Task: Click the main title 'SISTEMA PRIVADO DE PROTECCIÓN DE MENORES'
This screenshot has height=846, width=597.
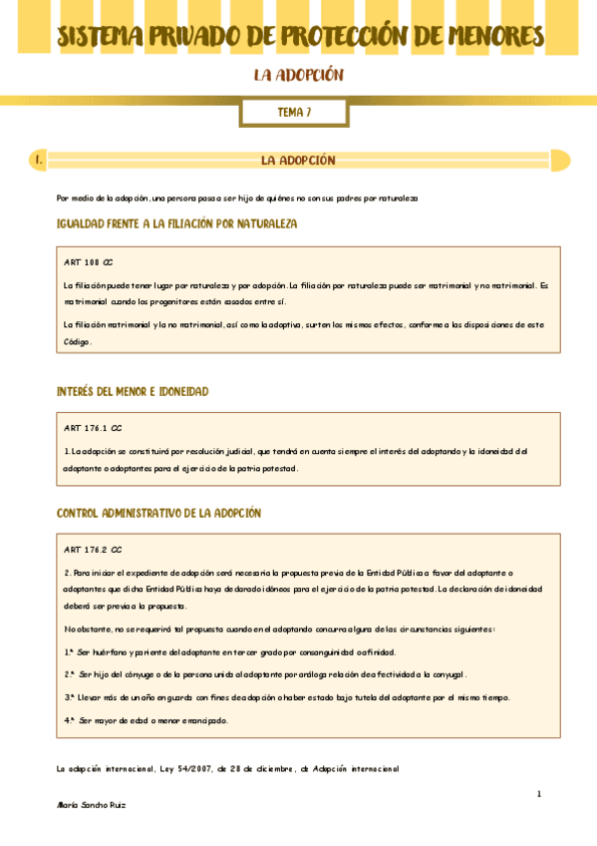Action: pyautogui.click(x=299, y=37)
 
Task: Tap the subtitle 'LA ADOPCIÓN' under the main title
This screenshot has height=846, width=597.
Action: pyautogui.click(x=298, y=76)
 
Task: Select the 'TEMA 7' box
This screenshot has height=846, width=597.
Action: pyautogui.click(x=294, y=113)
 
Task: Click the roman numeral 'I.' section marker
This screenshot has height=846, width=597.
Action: pyautogui.click(x=37, y=160)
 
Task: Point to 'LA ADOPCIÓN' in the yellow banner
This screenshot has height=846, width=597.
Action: pyautogui.click(x=298, y=160)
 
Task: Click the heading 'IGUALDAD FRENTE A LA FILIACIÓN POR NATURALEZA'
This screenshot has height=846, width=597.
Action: pyautogui.click(x=177, y=223)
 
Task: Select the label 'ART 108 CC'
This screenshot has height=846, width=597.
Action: pyautogui.click(x=88, y=262)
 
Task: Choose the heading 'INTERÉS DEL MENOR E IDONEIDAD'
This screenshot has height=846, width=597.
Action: pyautogui.click(x=133, y=391)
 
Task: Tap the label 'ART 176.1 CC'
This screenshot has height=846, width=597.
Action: pyautogui.click(x=93, y=427)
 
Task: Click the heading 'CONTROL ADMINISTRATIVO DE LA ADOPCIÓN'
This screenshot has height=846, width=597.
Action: pyautogui.click(x=158, y=513)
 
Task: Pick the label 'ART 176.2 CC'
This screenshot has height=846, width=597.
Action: pyautogui.click(x=93, y=549)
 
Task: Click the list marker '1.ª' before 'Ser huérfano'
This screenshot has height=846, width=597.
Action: pyautogui.click(x=70, y=651)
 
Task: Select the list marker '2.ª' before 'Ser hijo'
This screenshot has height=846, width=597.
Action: pyautogui.click(x=70, y=674)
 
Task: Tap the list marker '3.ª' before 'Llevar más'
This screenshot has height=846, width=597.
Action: pyautogui.click(x=70, y=697)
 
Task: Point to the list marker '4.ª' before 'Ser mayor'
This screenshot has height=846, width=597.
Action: pyautogui.click(x=70, y=719)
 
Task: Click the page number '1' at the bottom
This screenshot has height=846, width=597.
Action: pyautogui.click(x=538, y=794)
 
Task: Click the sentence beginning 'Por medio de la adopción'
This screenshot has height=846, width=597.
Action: pyautogui.click(x=237, y=199)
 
